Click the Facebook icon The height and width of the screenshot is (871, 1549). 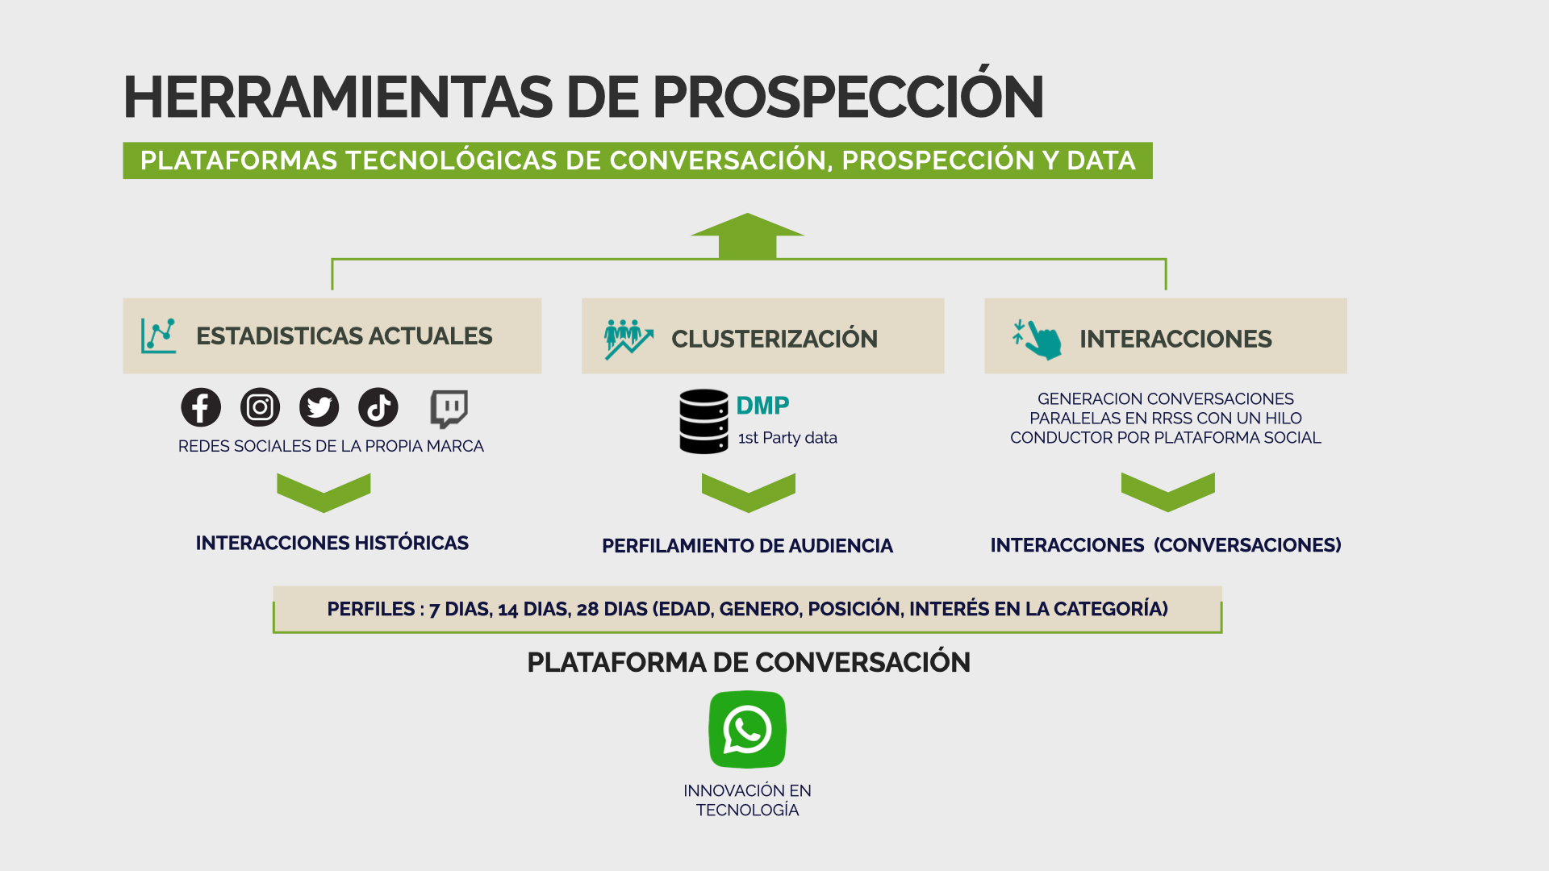[x=201, y=407]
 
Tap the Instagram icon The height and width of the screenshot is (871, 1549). [x=260, y=407]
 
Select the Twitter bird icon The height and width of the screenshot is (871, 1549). [x=319, y=407]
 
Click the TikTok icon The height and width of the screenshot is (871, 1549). [x=378, y=407]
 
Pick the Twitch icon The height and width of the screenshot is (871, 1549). [x=449, y=409]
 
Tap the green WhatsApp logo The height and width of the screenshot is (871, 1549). [x=747, y=730]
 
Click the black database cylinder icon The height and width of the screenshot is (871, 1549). [x=704, y=422]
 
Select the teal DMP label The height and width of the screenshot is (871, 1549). [x=762, y=405]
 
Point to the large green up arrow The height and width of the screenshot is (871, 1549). [x=748, y=236]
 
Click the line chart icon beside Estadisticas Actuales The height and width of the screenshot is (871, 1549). [x=158, y=335]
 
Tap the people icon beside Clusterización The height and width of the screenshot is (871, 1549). [x=628, y=339]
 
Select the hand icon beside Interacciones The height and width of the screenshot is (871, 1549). [x=1038, y=339]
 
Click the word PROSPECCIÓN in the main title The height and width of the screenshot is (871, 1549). [x=848, y=97]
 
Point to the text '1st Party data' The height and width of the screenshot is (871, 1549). [x=787, y=438]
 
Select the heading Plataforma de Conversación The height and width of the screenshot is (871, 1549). [x=749, y=662]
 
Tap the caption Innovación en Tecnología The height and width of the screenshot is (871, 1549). [x=747, y=800]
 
